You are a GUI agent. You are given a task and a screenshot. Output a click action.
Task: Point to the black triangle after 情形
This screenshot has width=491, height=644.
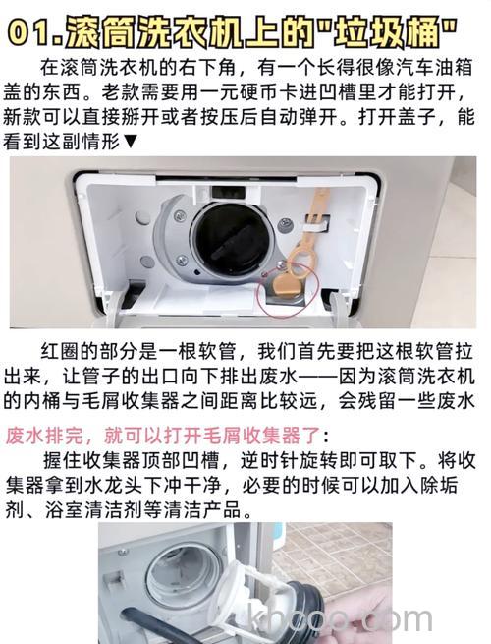point(131,143)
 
